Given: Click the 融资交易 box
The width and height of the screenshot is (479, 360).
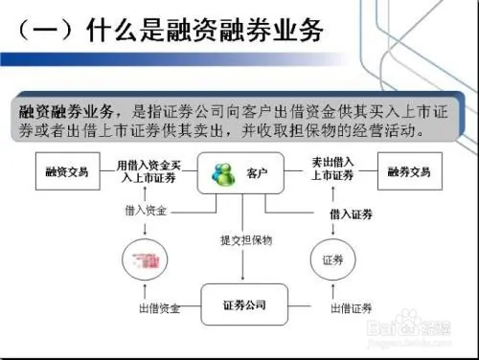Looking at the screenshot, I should [66, 172].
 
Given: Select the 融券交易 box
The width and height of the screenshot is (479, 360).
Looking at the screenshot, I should [409, 172].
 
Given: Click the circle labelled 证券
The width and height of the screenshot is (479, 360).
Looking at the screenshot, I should [332, 259].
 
